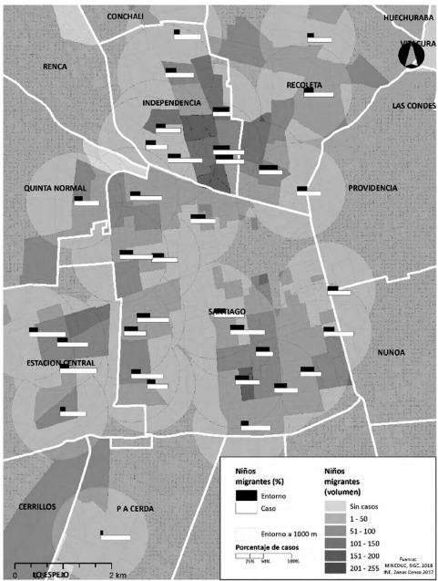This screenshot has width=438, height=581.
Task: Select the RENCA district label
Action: (56, 67)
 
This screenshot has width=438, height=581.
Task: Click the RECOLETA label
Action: (304, 85)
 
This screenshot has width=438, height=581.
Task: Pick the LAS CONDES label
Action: (411, 105)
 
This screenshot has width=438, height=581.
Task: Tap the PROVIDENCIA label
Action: (372, 188)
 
